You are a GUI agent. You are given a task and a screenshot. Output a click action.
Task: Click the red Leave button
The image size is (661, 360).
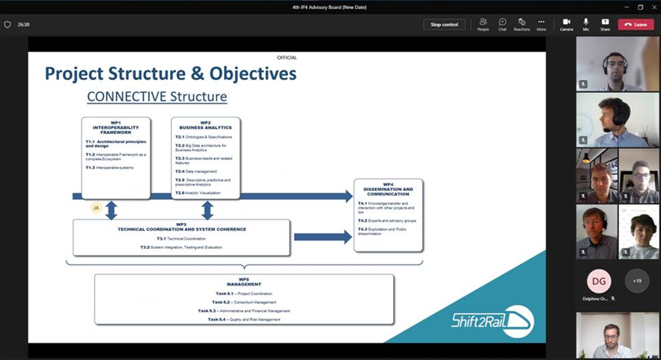pyautogui.click(x=636, y=24)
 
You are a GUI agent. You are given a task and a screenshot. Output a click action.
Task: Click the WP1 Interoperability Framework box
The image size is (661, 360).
pyautogui.click(x=116, y=157)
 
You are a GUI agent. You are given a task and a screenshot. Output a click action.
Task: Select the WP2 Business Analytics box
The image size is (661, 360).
pyautogui.click(x=206, y=157)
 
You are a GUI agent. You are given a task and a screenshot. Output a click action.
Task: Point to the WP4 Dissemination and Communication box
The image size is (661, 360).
pyautogui.click(x=388, y=215)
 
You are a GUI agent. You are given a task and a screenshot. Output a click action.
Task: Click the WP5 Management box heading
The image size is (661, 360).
pyautogui.click(x=244, y=282)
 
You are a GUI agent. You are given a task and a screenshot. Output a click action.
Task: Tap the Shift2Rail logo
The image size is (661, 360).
pyautogui.click(x=492, y=320)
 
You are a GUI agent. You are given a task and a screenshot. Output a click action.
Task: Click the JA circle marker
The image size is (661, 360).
pyautogui.click(x=96, y=208)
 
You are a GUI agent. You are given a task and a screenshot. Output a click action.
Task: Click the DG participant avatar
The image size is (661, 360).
pyautogui.click(x=599, y=281)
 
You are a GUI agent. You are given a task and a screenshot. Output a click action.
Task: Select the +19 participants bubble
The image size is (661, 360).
pyautogui.click(x=637, y=281)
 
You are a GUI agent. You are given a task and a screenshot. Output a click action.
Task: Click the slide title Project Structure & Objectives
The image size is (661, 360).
pyautogui.click(x=171, y=73)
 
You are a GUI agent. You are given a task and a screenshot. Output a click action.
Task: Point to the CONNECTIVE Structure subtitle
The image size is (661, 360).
pyautogui.click(x=156, y=97)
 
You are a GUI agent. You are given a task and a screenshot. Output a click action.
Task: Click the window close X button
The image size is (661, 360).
pyautogui.click(x=654, y=7)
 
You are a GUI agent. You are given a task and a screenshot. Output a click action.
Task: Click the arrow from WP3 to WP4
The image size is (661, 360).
pyautogui.click(x=323, y=237)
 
